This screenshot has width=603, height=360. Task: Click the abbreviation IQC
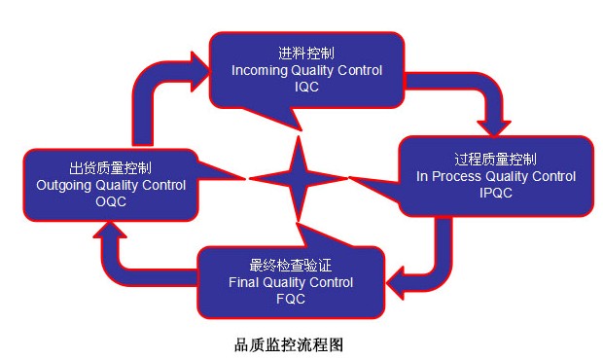click(x=306, y=87)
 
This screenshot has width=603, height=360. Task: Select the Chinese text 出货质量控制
click(x=110, y=166)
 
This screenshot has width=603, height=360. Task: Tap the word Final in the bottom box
click(x=244, y=282)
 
